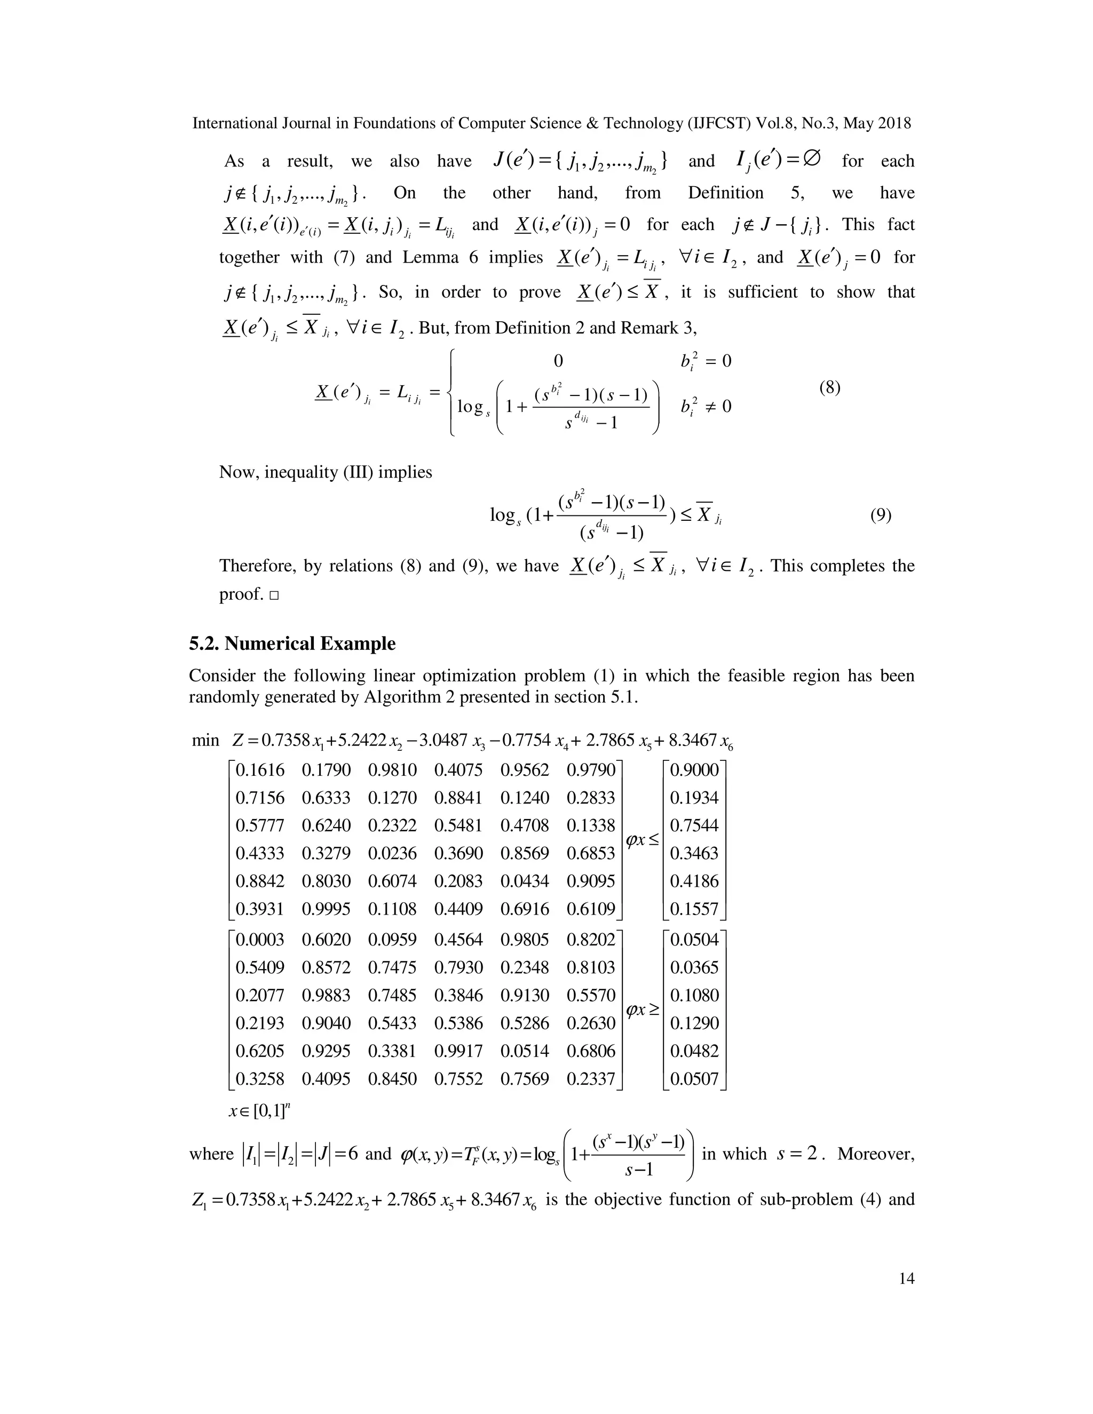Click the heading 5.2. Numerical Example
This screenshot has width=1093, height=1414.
292,644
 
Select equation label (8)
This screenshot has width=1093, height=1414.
829,388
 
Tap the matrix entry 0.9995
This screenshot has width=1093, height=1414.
326,909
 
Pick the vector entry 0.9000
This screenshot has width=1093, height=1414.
694,770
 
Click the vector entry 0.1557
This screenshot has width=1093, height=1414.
694,909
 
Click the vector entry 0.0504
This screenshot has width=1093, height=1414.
694,940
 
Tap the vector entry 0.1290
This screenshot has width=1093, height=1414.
694,1023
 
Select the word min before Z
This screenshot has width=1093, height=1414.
205,740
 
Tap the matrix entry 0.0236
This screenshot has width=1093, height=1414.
392,853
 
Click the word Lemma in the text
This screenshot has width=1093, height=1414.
428,258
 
